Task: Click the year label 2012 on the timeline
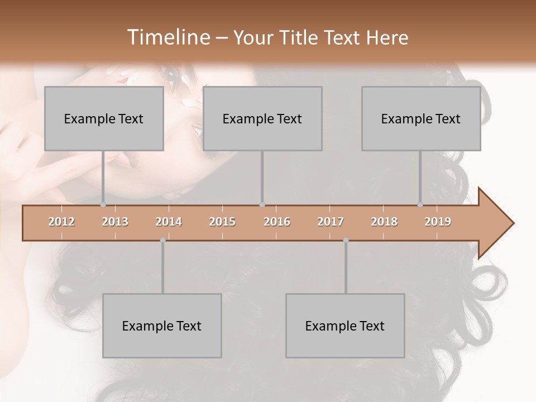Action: [61, 222]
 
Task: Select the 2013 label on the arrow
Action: [115, 222]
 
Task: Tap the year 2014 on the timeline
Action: [169, 222]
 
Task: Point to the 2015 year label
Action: [222, 222]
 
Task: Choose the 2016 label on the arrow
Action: [277, 222]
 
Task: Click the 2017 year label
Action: [331, 222]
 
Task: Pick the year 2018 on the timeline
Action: [384, 222]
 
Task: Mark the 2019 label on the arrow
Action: [438, 222]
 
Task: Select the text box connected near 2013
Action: [104, 119]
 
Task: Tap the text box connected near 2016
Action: [262, 119]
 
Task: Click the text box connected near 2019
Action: [421, 119]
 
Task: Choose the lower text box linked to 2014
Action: [162, 326]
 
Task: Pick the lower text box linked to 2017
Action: [345, 326]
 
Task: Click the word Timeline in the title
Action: [168, 37]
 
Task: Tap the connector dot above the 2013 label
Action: [103, 204]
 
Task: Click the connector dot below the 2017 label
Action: [346, 240]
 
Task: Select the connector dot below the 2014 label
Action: [162, 240]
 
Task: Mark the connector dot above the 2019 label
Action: [420, 204]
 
